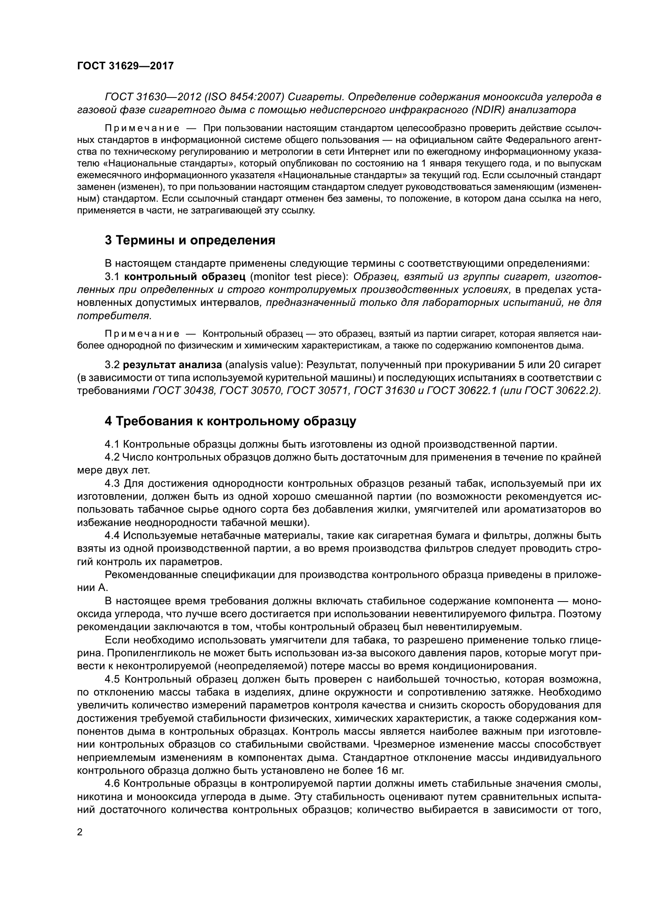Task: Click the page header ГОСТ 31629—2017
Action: coord(125,66)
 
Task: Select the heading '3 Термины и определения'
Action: coord(190,240)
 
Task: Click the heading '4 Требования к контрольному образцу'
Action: coord(230,421)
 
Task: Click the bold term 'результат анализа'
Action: coord(172,365)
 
